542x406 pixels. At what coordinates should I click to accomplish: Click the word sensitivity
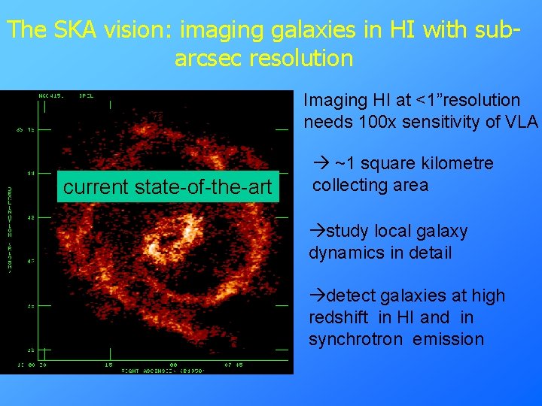point(448,122)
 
